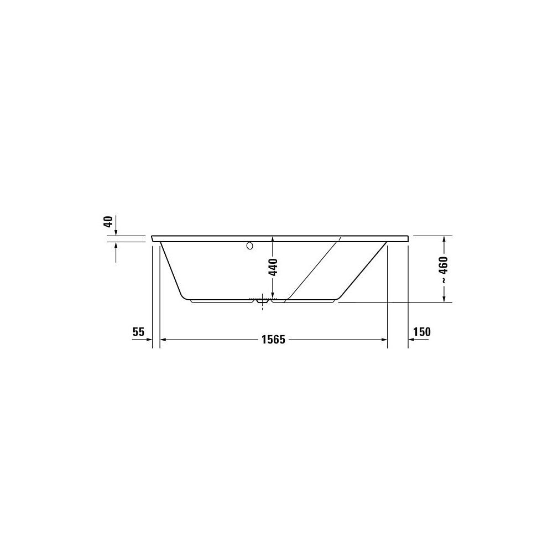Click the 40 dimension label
point(109,222)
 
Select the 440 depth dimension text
point(273,267)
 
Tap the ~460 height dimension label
point(444,270)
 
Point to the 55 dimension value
point(138,332)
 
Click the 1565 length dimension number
point(273,340)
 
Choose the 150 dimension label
point(422,332)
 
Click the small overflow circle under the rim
point(250,246)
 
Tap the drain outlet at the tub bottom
point(262,302)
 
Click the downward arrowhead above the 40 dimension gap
point(116,232)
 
